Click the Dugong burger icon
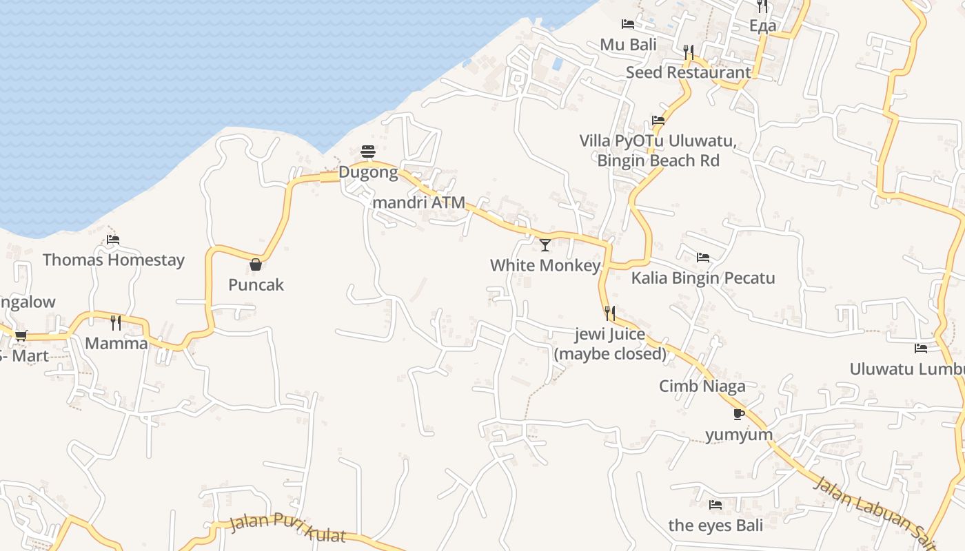coord(368,152)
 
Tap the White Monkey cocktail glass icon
coord(545,245)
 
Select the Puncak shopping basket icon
coord(256,264)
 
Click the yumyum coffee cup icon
coord(739,414)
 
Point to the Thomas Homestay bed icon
coord(113,240)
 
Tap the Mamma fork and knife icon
coord(116,322)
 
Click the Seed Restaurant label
coord(688,72)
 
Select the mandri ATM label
coord(418,202)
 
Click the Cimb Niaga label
coord(702,386)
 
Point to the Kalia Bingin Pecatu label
coord(703,278)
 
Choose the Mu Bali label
coord(628,45)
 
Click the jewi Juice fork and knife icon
coord(610,313)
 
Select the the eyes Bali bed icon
coord(715,505)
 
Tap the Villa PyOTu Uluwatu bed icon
coord(658,121)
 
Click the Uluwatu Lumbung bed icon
coord(921,349)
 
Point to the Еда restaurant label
coord(762,26)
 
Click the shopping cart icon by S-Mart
coord(21,335)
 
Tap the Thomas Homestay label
coord(114,260)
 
